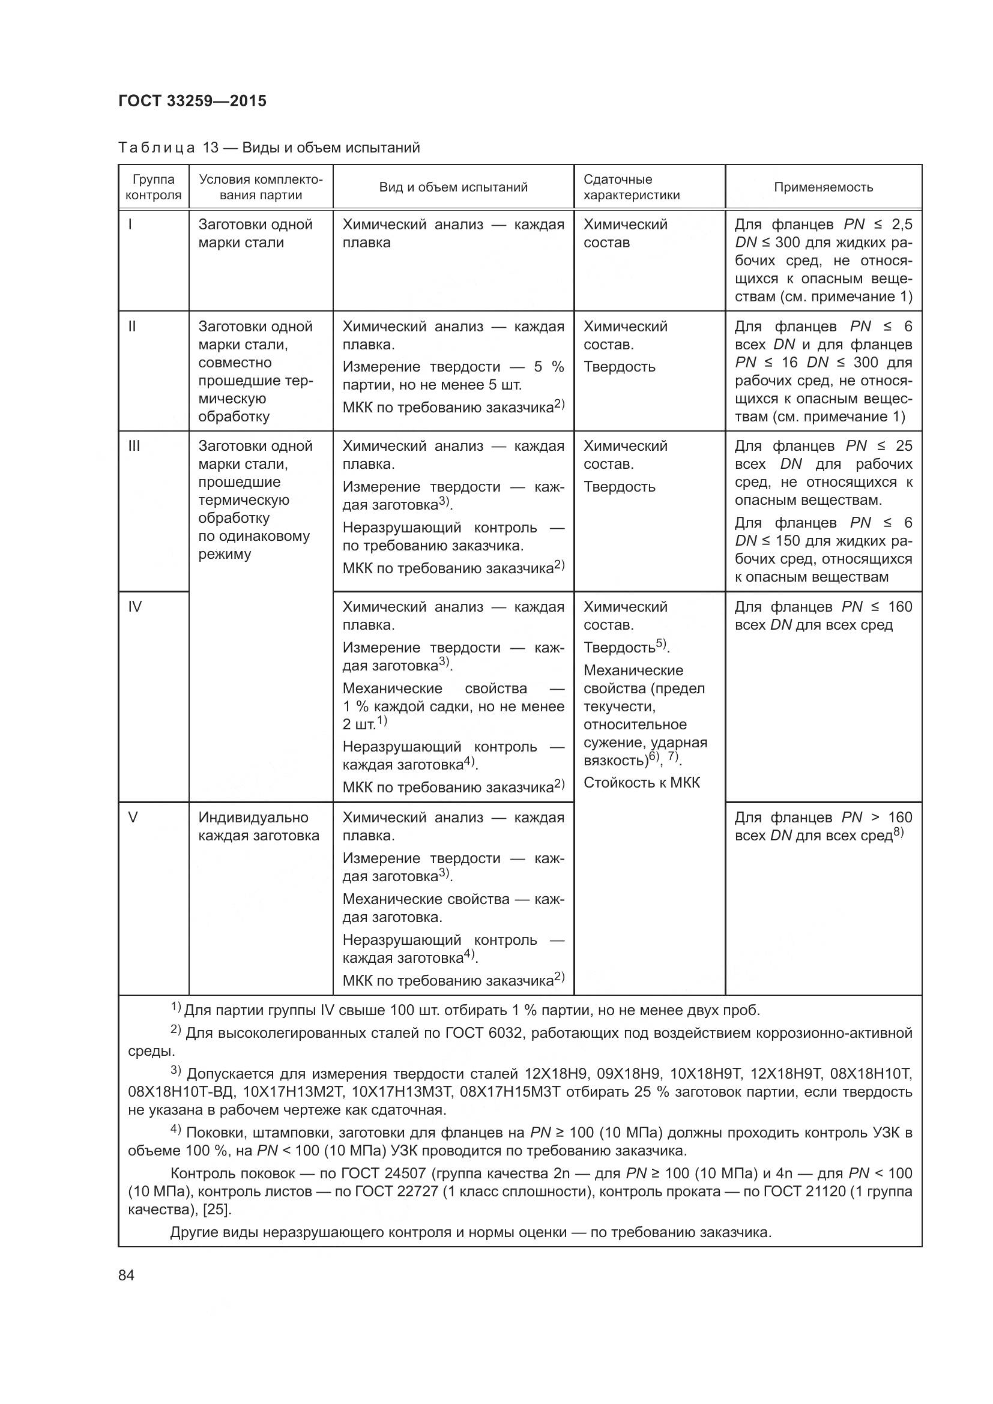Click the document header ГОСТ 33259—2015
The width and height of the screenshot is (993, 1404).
192,101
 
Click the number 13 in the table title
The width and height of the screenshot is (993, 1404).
210,148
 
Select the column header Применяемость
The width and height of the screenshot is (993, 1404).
823,187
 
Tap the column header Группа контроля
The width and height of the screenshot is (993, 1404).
154,187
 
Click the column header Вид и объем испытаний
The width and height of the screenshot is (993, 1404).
453,187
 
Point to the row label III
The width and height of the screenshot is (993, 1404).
134,446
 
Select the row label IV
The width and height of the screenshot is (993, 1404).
134,607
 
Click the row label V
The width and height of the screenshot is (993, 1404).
133,818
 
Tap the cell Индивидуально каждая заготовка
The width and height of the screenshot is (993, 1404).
259,827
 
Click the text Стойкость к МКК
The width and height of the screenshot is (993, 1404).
641,783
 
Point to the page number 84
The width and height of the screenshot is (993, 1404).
127,1276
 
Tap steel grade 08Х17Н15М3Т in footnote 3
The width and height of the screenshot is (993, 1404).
510,1091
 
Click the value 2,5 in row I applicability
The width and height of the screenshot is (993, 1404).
901,224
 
